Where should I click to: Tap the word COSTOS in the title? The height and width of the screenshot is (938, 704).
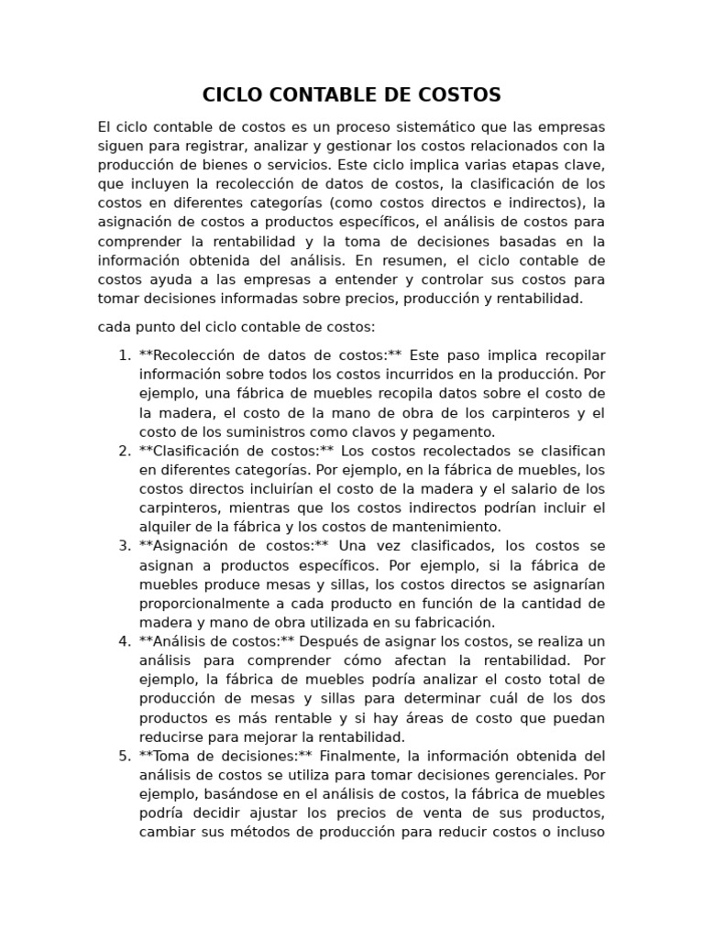tap(461, 95)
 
